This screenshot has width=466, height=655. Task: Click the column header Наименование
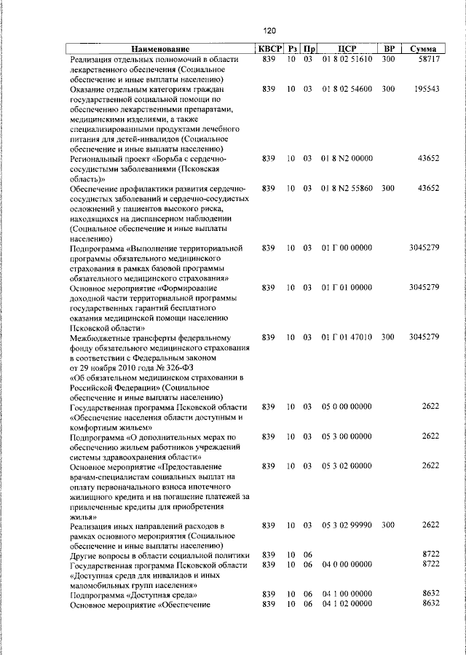(x=161, y=49)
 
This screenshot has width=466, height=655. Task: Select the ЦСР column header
(x=347, y=49)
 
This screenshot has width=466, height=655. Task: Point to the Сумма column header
(x=423, y=49)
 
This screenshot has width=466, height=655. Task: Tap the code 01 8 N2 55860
(x=347, y=188)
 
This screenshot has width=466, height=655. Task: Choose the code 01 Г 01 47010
(x=347, y=337)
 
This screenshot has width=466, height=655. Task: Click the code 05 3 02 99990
(x=347, y=525)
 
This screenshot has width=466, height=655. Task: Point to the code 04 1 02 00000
(x=347, y=604)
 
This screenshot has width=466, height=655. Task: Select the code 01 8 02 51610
(x=347, y=59)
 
